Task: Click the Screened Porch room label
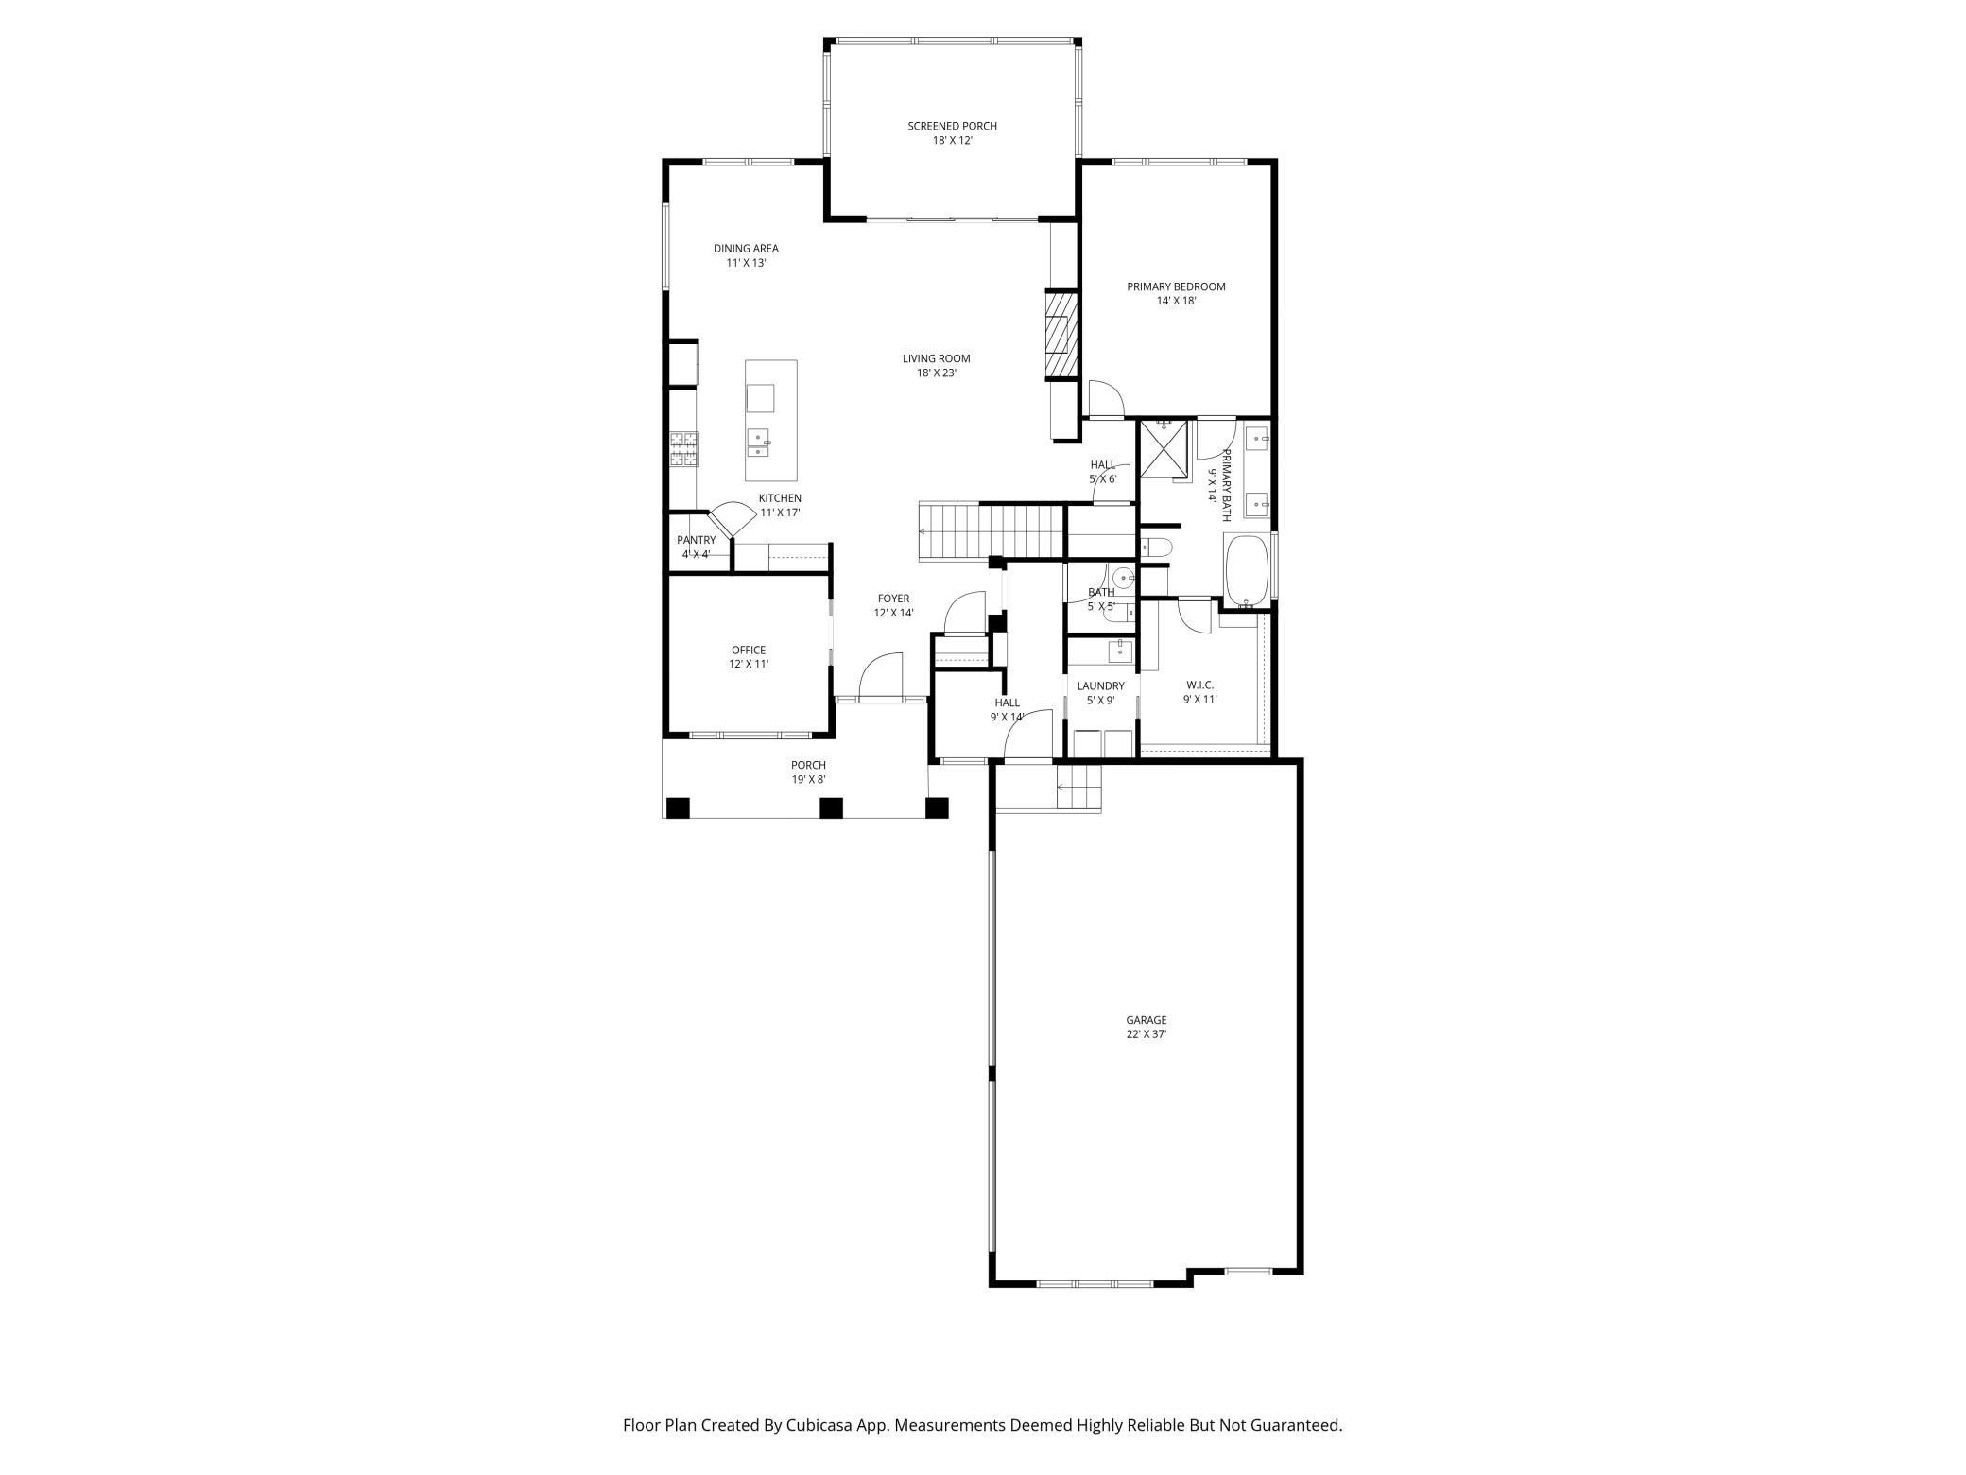click(x=952, y=133)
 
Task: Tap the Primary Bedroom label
click(x=1176, y=294)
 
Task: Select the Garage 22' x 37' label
click(x=1146, y=1027)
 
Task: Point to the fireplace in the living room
click(x=1061, y=335)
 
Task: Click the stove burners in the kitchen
click(x=684, y=449)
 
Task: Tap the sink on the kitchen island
click(x=759, y=442)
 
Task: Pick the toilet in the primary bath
click(x=1156, y=547)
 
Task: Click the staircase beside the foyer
click(x=992, y=532)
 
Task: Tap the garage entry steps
click(x=1078, y=788)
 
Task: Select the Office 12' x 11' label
click(x=749, y=657)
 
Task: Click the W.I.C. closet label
click(x=1199, y=692)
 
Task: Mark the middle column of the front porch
click(x=831, y=808)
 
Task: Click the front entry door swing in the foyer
click(x=880, y=677)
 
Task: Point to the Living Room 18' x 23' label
click(x=936, y=366)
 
